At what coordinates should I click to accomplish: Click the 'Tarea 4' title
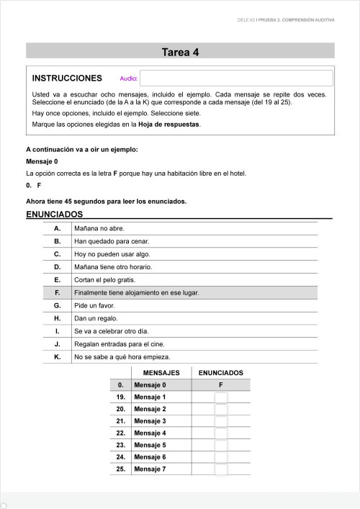click(180, 51)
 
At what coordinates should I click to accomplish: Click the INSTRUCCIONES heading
click(68, 78)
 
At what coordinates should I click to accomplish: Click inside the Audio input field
click(236, 78)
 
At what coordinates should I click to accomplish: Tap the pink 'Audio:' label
click(129, 78)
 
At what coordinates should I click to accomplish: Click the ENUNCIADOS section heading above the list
click(55, 215)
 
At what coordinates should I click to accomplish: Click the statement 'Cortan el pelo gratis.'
click(104, 279)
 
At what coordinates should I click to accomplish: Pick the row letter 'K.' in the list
click(57, 356)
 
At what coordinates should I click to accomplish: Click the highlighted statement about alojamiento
click(136, 292)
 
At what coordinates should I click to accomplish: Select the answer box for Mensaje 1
click(220, 397)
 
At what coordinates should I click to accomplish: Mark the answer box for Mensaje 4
click(220, 433)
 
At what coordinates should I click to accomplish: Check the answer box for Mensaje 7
click(220, 469)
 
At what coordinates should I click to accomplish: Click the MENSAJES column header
click(161, 373)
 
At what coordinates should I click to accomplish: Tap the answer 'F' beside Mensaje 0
click(220, 385)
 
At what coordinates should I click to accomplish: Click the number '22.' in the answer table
click(121, 433)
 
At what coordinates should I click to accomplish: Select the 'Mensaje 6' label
click(150, 457)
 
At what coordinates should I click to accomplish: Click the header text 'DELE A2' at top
click(246, 20)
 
